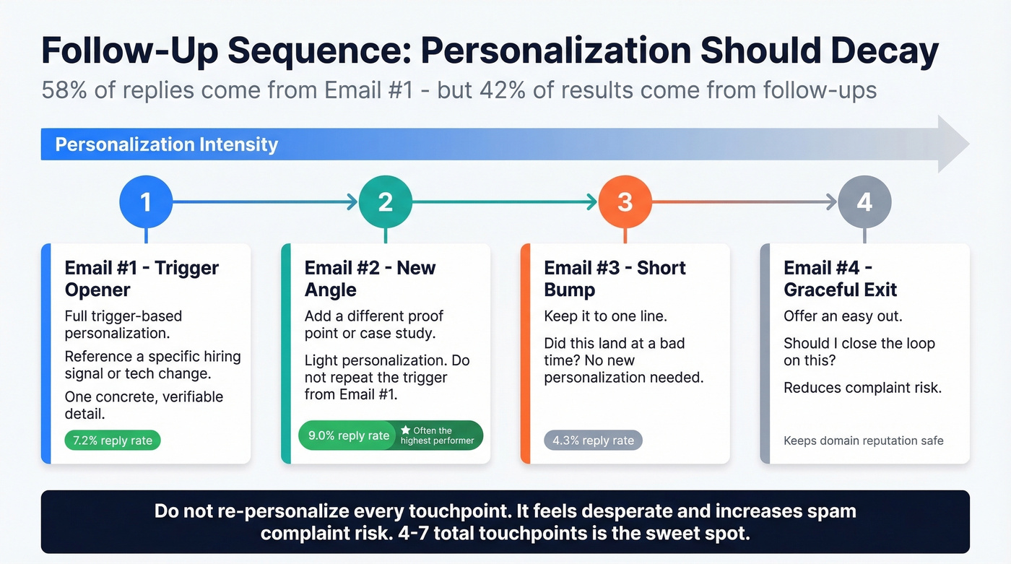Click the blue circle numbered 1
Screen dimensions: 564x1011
[146, 202]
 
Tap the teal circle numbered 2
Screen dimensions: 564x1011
[385, 202]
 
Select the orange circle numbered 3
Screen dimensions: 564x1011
[625, 202]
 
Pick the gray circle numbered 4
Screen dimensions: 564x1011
[864, 202]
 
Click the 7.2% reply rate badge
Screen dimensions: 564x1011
[113, 440]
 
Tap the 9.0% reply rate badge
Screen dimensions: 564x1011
[349, 435]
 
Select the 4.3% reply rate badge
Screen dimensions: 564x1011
[592, 440]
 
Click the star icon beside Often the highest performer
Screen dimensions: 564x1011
[405, 430]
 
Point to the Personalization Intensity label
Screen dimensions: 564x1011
[166, 144]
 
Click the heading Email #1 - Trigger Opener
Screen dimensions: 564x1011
[142, 279]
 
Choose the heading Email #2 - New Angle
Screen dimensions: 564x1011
[370, 279]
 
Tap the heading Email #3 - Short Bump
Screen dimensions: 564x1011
[615, 279]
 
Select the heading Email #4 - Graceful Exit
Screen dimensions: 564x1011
[840, 279]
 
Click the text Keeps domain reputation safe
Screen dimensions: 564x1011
[864, 441]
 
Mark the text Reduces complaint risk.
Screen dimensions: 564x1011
[862, 388]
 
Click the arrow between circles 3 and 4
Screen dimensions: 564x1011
[744, 203]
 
